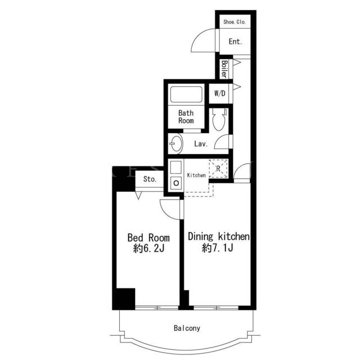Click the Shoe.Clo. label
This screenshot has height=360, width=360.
click(235, 22)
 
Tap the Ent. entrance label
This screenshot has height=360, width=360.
click(235, 42)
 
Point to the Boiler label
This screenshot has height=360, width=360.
click(224, 69)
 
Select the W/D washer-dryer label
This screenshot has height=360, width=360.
click(220, 93)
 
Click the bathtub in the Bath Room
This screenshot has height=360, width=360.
click(186, 94)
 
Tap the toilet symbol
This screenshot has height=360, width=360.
click(219, 119)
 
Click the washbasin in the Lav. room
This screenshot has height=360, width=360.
click(176, 143)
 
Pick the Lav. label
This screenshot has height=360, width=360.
click(201, 144)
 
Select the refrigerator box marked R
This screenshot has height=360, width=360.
click(218, 169)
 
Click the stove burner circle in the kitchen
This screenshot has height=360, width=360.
click(176, 183)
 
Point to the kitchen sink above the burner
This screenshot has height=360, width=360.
click(176, 167)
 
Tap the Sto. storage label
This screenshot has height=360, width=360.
click(150, 179)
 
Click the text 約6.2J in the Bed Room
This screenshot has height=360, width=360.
click(148, 249)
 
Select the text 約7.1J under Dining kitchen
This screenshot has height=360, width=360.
click(218, 247)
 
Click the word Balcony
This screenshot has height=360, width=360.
click(187, 328)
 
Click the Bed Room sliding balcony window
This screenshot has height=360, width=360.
click(157, 308)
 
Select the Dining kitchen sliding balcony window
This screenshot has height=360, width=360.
click(216, 308)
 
